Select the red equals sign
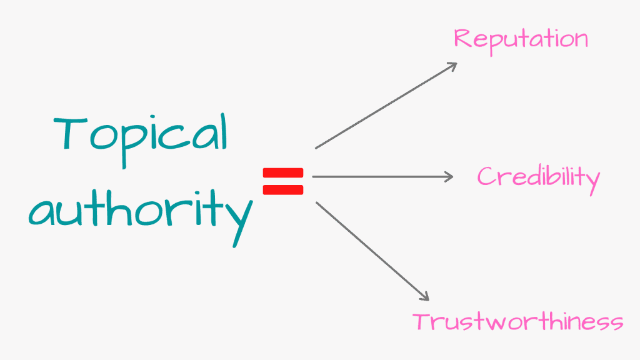[282, 182]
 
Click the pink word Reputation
[521, 39]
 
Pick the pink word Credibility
[538, 177]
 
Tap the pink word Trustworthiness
[517, 322]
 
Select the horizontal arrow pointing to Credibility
[381, 177]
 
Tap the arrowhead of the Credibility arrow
[449, 177]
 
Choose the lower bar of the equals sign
[282, 190]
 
